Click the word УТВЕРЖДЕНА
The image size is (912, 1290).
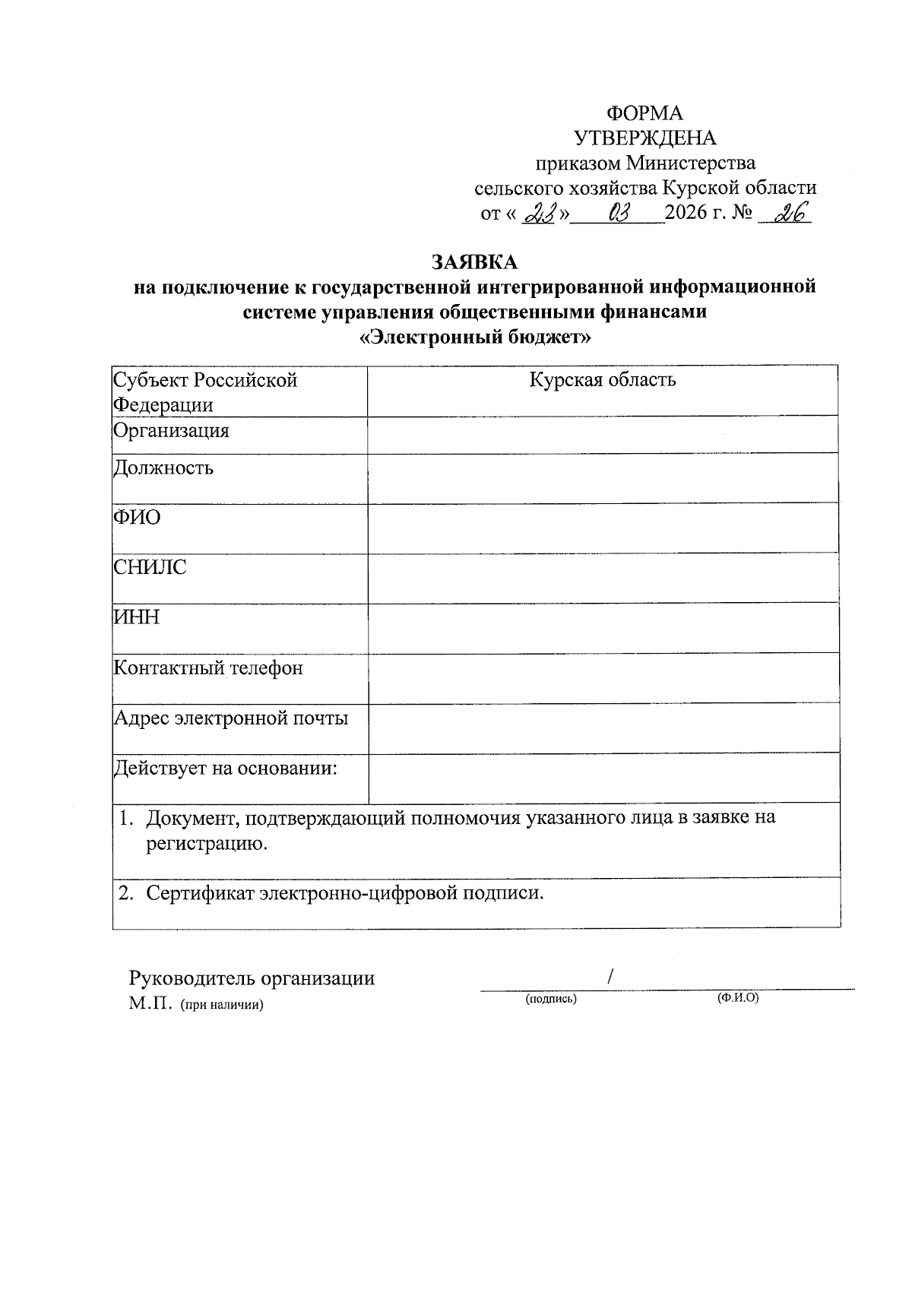(644, 138)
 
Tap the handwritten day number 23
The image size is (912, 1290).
(541, 214)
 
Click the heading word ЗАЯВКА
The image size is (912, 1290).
(474, 262)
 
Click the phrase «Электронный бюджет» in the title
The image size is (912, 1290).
(474, 338)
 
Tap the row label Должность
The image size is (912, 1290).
(163, 468)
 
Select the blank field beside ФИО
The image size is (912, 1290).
(603, 528)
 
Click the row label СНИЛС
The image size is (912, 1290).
(150, 568)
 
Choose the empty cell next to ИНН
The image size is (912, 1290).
(603, 628)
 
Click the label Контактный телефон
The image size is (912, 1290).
(208, 668)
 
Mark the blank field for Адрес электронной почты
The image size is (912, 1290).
(603, 727)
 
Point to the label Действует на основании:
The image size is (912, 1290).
(226, 769)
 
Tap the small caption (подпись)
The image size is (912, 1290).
(551, 999)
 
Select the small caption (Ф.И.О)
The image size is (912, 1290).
(737, 998)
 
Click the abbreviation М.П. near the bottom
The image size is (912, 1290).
(151, 1004)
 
